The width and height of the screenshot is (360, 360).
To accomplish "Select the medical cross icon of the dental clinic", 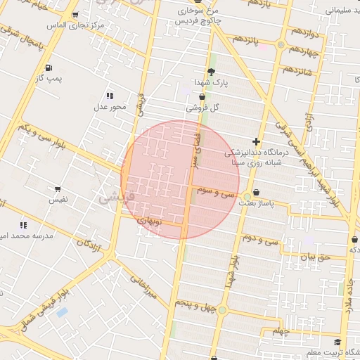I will (x=256, y=141).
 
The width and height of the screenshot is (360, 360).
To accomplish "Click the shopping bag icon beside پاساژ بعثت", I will (x=255, y=192).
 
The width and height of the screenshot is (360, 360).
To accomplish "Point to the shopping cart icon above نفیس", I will (x=57, y=189).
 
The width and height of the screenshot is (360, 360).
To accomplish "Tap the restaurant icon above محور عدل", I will (x=110, y=96).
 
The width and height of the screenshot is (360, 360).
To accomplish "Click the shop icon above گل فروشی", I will (x=202, y=97).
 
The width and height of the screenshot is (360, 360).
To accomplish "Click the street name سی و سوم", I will (x=216, y=191).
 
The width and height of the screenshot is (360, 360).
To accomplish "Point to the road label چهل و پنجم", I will (x=190, y=302).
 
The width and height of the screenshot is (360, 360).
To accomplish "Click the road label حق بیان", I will (x=314, y=258).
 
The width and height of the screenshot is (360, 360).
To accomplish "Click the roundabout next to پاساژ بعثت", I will (x=247, y=196).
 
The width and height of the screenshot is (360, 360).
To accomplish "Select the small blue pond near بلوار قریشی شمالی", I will (x=62, y=311).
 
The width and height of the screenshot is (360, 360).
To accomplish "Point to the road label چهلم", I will (x=281, y=330).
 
